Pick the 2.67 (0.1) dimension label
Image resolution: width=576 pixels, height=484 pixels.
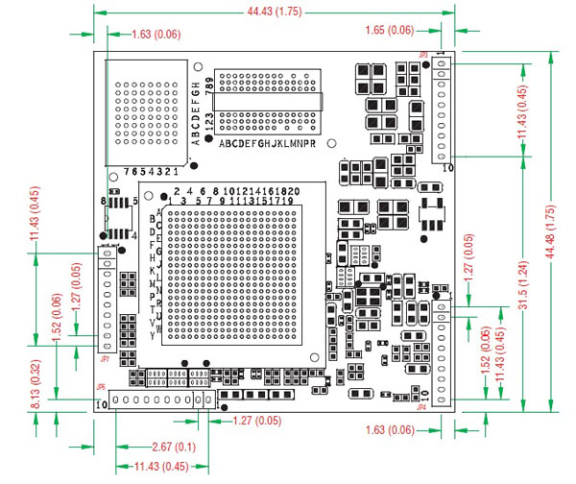[x=175, y=446]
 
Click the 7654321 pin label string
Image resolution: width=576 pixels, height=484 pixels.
[x=153, y=171]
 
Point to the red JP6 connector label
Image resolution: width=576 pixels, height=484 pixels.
[x=101, y=388]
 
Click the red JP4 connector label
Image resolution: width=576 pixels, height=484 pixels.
[x=420, y=404]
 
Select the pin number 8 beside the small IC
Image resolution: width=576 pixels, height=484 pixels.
[x=103, y=201]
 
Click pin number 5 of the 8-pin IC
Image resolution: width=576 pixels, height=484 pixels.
[x=135, y=201]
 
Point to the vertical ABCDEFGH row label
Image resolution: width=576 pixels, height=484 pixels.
[x=196, y=111]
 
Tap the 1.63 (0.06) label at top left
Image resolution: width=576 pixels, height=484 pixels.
[x=154, y=35]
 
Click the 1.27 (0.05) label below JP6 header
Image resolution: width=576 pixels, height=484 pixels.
[x=257, y=420]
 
